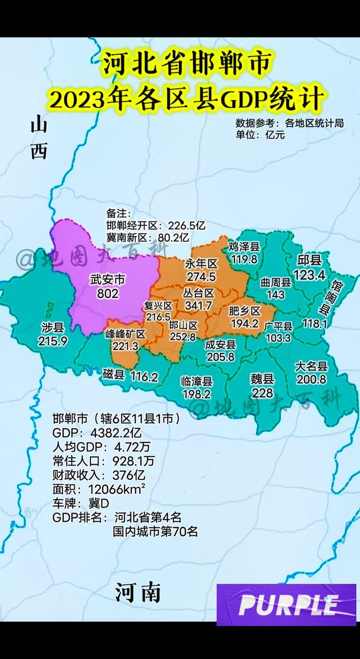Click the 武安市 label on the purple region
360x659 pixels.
click(x=108, y=280)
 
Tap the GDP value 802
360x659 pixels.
click(x=108, y=293)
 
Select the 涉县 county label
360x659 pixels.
click(x=53, y=327)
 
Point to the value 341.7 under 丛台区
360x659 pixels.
click(x=198, y=306)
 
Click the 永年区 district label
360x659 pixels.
click(x=201, y=264)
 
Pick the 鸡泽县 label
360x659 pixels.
click(x=244, y=247)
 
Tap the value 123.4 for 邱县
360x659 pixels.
click(x=309, y=275)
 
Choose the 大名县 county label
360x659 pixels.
click(x=311, y=366)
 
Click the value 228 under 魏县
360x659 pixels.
click(x=262, y=393)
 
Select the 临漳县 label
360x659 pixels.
click(x=196, y=381)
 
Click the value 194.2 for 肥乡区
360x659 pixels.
click(x=244, y=323)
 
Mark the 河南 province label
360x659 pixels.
click(x=138, y=592)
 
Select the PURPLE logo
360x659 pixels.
click(x=286, y=605)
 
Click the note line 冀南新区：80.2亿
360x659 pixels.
click(x=148, y=237)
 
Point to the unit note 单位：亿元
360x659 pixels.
click(x=260, y=134)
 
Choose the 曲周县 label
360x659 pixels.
click(x=276, y=282)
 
